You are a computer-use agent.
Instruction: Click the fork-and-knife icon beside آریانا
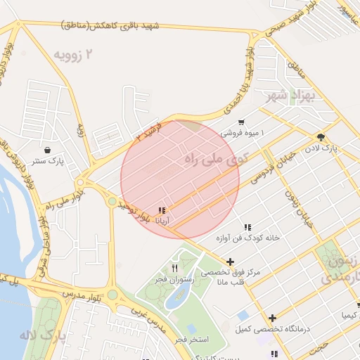pos(162,210)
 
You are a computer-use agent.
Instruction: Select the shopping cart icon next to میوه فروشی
pos(241,122)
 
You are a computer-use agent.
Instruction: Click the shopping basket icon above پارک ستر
pos(46,150)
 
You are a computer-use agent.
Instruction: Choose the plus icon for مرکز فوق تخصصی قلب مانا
pos(230,262)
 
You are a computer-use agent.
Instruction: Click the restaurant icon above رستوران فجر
pos(174,268)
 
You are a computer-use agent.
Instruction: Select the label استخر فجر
pos(191,340)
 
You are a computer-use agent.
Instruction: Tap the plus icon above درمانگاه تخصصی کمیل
pos(272,318)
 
